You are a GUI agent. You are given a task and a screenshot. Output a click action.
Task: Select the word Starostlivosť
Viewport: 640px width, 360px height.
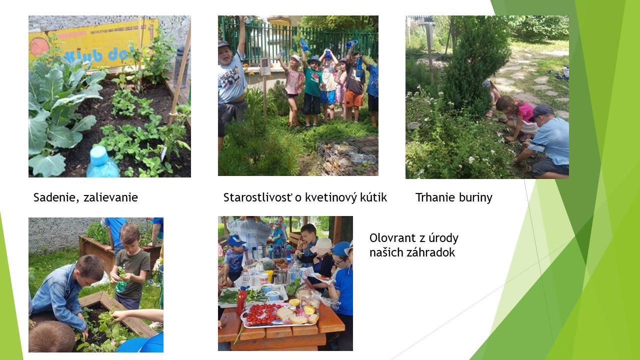pos(258,197)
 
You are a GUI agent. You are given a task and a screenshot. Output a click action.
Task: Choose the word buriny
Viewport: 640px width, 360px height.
pos(475,198)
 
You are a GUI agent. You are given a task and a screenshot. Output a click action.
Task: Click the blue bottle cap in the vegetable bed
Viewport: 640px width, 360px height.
pos(99,155)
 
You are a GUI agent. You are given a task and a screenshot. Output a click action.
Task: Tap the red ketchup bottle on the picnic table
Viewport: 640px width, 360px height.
pos(241,299)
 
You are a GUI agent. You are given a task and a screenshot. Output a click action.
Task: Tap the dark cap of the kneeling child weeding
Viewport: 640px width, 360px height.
pos(541,111)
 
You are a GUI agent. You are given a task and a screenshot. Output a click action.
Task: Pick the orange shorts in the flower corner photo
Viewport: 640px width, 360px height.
pos(353,98)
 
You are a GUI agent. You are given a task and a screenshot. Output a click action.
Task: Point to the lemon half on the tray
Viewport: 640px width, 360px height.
pos(309,310)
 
